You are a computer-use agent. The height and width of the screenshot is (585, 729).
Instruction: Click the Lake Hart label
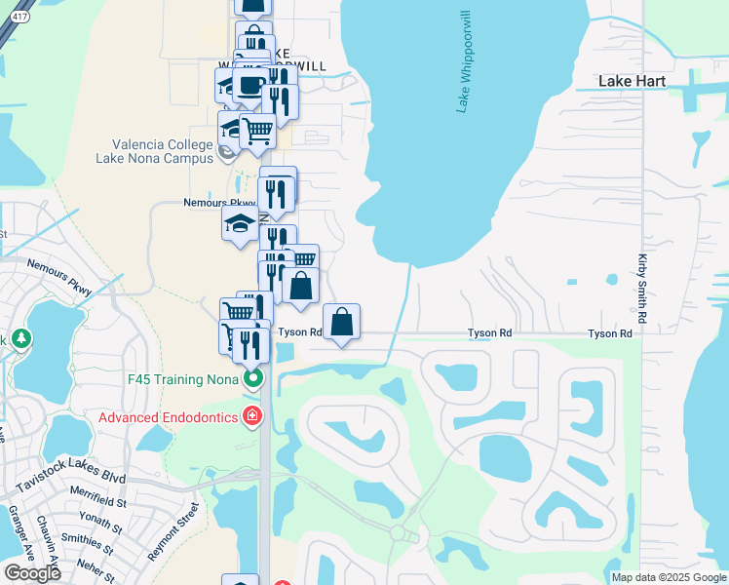630,81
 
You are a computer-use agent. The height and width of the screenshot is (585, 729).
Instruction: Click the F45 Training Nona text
184,378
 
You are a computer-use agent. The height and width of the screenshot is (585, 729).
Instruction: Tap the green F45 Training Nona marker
253,378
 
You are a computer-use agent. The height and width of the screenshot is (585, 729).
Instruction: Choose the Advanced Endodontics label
167,417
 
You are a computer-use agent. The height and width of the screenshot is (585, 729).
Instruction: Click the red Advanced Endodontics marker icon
252,417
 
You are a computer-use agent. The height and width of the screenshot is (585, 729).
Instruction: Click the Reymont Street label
173,531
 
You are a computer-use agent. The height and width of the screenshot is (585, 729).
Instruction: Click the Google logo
33,573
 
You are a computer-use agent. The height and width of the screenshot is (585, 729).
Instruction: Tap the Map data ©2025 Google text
668,577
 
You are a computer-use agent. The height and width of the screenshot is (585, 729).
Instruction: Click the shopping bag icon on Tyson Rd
342,323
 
